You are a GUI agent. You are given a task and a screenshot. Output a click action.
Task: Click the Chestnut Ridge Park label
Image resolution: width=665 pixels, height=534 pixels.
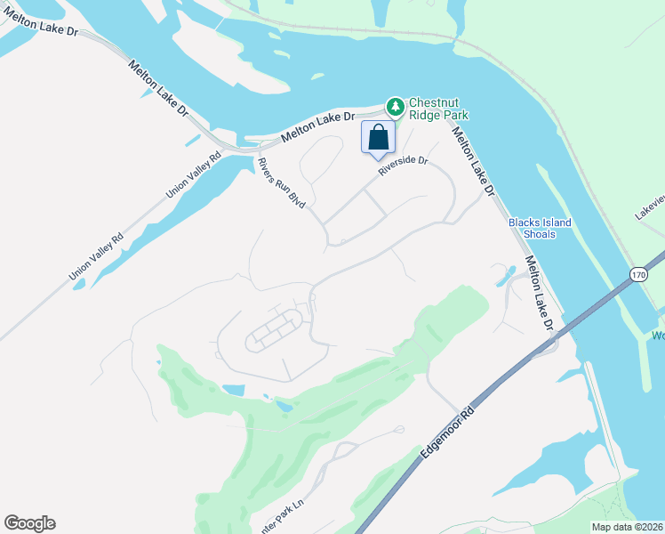437,109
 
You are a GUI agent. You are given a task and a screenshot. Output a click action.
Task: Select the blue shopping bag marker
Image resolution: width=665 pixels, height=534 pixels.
378,139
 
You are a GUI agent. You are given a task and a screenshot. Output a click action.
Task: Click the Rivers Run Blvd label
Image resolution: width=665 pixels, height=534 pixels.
281,183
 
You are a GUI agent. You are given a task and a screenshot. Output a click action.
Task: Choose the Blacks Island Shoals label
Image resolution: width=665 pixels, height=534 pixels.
540,228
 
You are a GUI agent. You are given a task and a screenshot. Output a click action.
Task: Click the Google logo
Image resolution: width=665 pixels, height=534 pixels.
29,523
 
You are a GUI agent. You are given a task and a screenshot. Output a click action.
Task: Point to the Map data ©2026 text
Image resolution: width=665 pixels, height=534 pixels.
627,527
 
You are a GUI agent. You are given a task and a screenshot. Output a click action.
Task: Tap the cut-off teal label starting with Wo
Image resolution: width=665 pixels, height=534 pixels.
658,336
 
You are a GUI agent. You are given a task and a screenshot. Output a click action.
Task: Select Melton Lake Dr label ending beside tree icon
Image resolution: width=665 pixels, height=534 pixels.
317,126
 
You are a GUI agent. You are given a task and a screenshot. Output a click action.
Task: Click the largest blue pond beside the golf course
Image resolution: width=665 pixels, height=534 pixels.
232,390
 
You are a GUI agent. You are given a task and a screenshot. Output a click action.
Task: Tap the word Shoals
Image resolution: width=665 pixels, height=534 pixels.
540,234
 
